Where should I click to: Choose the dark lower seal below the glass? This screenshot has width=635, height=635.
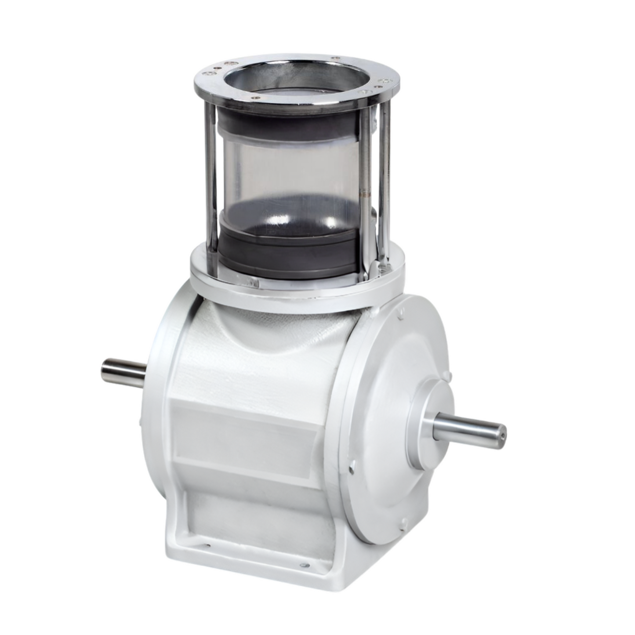tap(288, 246)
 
